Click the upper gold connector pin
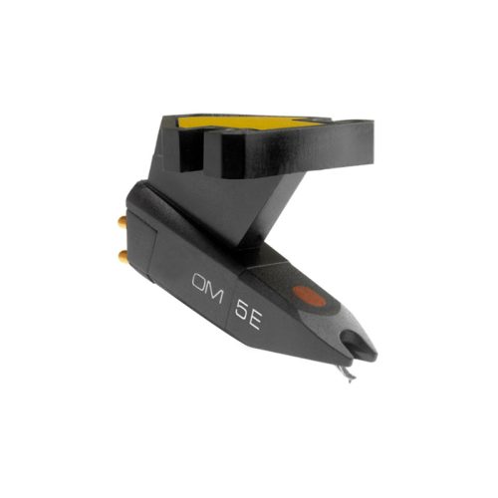point(122,221)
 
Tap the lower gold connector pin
point(123,255)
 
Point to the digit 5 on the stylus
point(241,309)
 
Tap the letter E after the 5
point(256,319)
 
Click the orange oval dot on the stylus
point(308,296)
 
